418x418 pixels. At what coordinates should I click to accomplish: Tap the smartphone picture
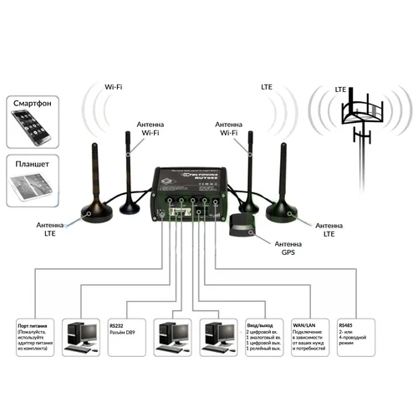33,130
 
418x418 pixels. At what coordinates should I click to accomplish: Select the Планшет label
33,164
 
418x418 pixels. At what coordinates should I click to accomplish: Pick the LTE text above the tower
340,89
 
